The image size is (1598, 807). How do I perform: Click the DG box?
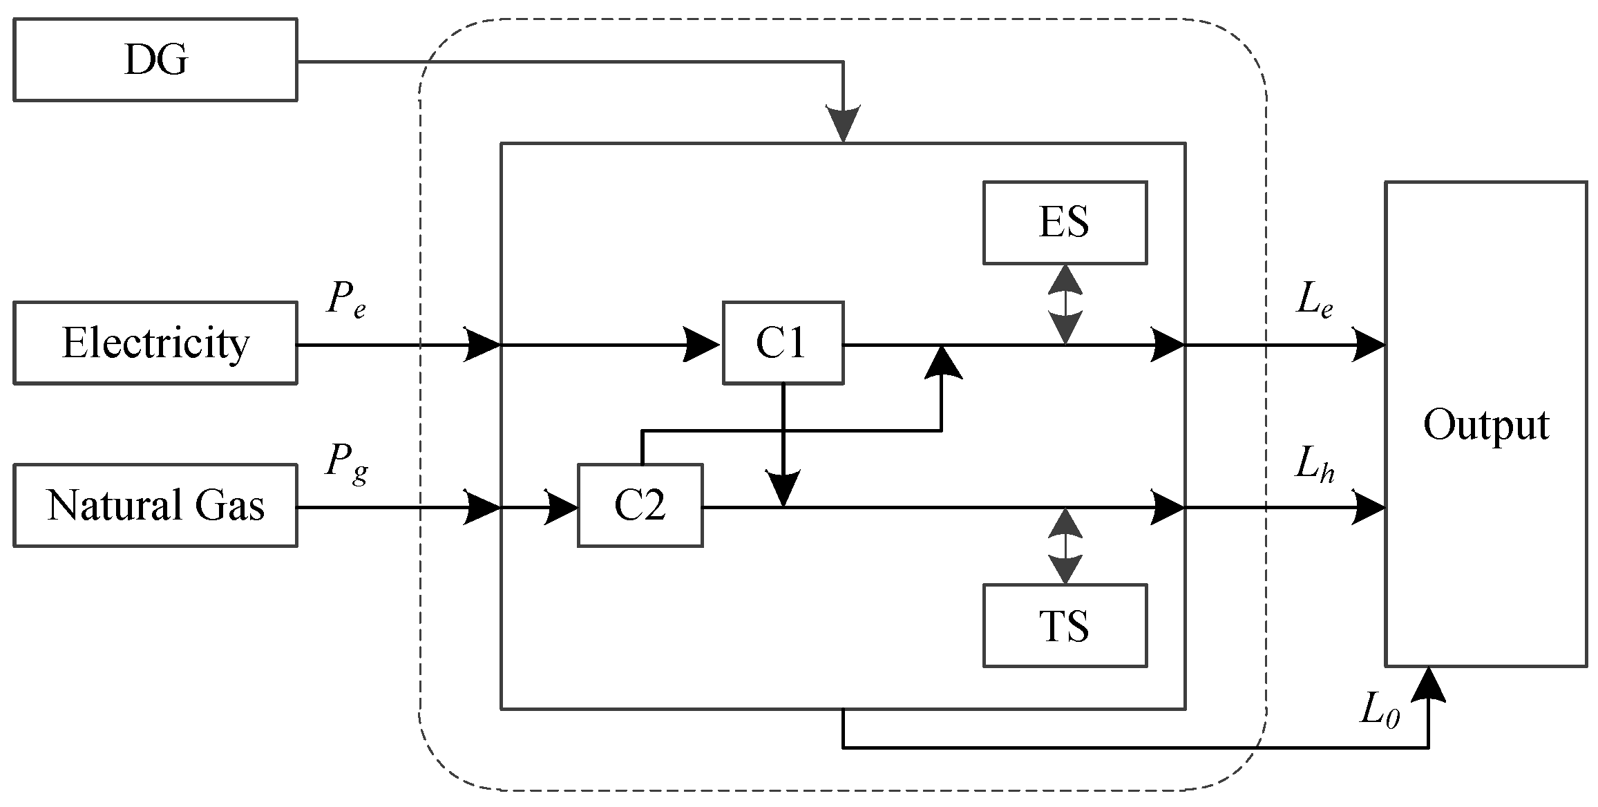(x=155, y=60)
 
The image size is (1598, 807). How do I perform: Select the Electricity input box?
(x=155, y=343)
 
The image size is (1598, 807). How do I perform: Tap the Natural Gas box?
(x=155, y=506)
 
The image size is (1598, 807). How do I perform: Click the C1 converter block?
(x=782, y=343)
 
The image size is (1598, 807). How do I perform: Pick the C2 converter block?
(x=640, y=506)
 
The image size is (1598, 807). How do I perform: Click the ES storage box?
(x=1065, y=222)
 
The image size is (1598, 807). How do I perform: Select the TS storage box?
(x=1065, y=626)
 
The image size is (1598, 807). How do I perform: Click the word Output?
(x=1485, y=424)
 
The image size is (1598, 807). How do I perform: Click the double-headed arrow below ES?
(x=1065, y=304)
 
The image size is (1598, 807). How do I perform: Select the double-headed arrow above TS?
(x=1065, y=546)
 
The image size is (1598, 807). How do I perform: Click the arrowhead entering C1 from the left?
(x=701, y=344)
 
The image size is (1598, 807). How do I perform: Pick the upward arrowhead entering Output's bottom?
(x=1427, y=685)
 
